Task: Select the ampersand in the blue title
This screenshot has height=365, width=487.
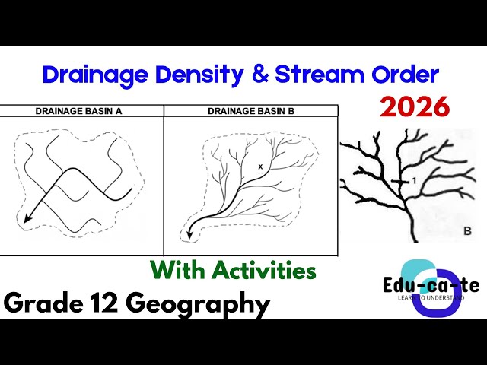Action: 253,75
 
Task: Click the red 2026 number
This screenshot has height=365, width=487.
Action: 415,107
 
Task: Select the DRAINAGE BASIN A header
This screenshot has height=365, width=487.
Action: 80,111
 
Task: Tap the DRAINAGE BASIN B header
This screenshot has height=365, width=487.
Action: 252,111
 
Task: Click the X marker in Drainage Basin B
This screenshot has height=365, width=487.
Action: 260,166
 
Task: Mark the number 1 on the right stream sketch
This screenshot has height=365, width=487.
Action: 413,180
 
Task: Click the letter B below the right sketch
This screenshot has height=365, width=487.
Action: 466,230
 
